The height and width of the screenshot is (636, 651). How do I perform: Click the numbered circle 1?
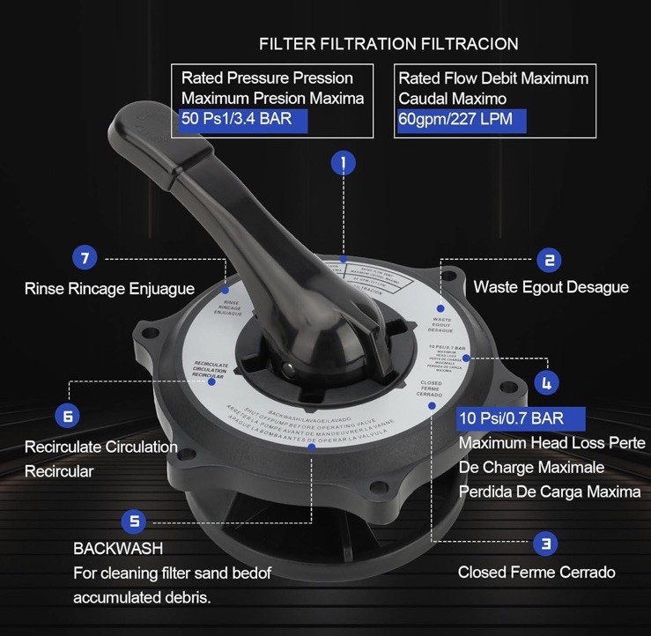coord(344,162)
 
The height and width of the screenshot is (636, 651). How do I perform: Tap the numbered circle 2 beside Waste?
coord(549,259)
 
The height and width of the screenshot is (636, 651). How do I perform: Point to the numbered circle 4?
coord(547,382)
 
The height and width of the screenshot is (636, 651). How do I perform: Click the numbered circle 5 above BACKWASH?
coord(134,521)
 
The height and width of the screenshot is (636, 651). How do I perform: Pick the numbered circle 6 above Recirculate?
coord(69,414)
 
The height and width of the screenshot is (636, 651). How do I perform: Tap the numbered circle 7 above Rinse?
coord(85,258)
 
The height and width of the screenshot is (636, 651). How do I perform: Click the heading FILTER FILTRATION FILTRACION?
coord(388,43)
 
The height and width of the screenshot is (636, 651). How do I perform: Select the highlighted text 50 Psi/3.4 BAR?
coord(236,118)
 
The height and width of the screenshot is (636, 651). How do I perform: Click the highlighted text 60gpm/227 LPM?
coord(455,119)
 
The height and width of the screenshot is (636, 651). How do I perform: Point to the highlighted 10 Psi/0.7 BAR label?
coord(511,417)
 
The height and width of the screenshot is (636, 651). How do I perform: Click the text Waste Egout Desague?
coord(551,287)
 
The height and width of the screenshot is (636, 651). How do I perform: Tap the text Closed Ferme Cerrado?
coord(536,573)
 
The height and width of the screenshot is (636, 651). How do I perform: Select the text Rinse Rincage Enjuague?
coord(109,288)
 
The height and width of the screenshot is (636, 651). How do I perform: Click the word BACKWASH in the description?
coord(118,548)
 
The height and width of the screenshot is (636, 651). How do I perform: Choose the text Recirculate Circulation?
coord(100,447)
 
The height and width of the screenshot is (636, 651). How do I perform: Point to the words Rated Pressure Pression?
coord(267,78)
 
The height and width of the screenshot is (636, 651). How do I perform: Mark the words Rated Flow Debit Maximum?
coord(493,78)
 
